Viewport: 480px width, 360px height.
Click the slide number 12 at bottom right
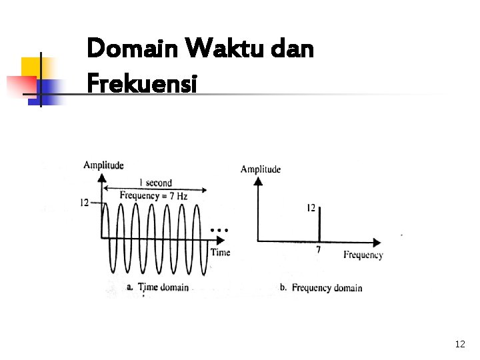point(459,344)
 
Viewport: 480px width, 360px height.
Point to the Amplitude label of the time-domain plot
point(103,165)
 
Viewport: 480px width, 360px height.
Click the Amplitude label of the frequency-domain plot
point(261,169)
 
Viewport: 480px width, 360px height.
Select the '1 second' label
point(155,183)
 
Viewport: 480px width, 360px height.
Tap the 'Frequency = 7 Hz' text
point(153,195)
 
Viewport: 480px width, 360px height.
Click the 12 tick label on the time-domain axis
point(84,202)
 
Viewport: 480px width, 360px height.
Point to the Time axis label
point(220,252)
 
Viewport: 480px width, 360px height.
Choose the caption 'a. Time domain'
point(157,287)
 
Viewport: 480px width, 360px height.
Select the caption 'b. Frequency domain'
point(321,288)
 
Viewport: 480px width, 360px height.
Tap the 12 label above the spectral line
point(311,208)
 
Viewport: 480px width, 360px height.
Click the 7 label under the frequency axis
point(318,250)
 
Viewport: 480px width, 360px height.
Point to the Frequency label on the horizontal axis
point(363,255)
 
